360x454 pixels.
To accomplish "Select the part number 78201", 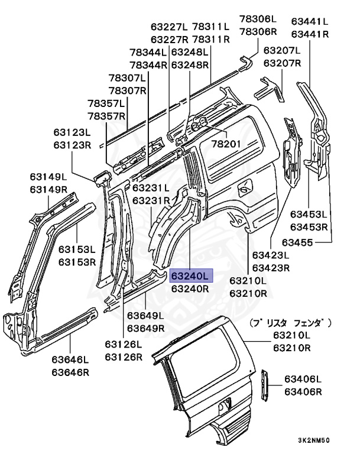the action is pyautogui.click(x=226, y=144).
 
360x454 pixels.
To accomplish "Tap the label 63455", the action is pyautogui.click(x=297, y=242).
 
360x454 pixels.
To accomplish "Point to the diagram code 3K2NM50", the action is pyautogui.click(x=314, y=440).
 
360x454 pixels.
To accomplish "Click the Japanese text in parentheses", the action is pyautogui.click(x=290, y=323).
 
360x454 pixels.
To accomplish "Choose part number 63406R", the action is pyautogui.click(x=303, y=392).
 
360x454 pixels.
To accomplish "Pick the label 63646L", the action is pyautogui.click(x=70, y=359).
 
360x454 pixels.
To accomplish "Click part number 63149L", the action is pyautogui.click(x=48, y=177).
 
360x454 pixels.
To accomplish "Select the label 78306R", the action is pyautogui.click(x=258, y=31).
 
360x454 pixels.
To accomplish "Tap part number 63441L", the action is pyautogui.click(x=310, y=21).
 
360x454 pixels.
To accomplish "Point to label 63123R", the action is pyautogui.click(x=72, y=145).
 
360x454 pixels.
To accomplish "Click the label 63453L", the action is pyautogui.click(x=309, y=214).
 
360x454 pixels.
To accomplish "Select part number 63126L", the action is pyautogui.click(x=124, y=344).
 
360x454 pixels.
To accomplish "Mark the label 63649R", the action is pyautogui.click(x=146, y=328).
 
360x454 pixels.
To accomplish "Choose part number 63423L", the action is pyautogui.click(x=271, y=255).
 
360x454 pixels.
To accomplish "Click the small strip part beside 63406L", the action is pyautogui.click(x=265, y=385).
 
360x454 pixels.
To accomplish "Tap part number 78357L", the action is pyautogui.click(x=106, y=103).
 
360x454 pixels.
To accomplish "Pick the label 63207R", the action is pyautogui.click(x=282, y=63).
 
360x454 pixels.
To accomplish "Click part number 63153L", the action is pyautogui.click(x=77, y=249).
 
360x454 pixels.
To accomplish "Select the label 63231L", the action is pyautogui.click(x=151, y=187).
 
